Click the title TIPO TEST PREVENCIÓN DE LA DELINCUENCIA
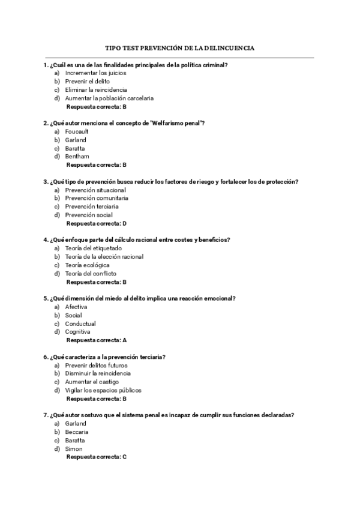pos(179,47)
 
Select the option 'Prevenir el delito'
pos(87,81)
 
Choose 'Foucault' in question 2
pos(77,131)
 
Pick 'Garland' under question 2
pos(76,139)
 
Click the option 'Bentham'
pos(77,156)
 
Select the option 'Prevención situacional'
pos(95,190)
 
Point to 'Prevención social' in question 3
pos(89,215)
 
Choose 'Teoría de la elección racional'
pos(104,256)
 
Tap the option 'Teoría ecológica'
pos(87,265)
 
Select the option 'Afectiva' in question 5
pos(76,307)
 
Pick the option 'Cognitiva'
pos(78,331)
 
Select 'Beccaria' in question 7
pos(77,432)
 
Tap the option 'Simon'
pos(74,448)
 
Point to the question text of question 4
pos(136,240)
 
